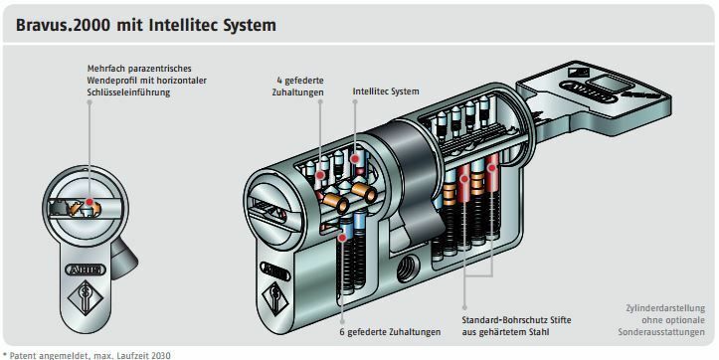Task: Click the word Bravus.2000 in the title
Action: point(64,25)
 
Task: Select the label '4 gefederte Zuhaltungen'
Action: point(297,87)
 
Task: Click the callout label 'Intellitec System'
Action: point(386,91)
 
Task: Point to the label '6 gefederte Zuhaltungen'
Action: point(390,331)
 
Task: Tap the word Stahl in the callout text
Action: point(537,331)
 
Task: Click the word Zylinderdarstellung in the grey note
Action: point(665,308)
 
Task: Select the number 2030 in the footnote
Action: point(161,355)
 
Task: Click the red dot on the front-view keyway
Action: point(89,202)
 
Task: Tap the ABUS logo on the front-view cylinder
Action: point(86,270)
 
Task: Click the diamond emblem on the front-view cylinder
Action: point(86,298)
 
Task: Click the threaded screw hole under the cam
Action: point(408,269)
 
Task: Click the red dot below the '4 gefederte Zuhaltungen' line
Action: point(320,175)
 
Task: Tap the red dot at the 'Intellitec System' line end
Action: point(355,159)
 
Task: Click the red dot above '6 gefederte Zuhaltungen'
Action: point(342,237)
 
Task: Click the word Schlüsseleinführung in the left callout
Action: point(128,92)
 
